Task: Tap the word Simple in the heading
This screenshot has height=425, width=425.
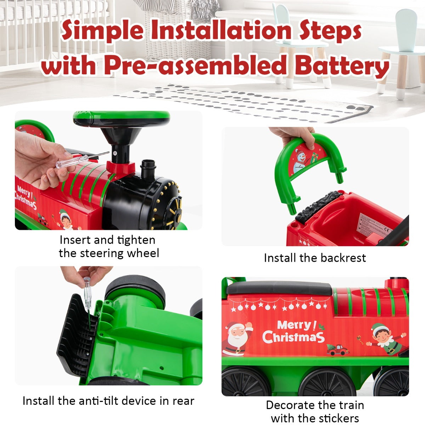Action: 103,30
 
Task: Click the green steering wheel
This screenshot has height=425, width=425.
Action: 121,119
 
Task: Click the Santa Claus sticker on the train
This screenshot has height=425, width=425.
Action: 238,338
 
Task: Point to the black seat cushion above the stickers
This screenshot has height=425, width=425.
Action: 279,288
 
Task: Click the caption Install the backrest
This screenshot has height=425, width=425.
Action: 315,258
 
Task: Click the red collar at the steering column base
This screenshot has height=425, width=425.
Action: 120,167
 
